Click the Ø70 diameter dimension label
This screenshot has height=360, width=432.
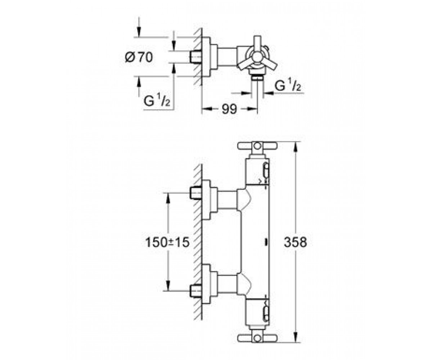[139, 57]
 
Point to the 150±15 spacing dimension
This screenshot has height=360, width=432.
[167, 242]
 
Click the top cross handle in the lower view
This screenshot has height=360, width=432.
[257, 146]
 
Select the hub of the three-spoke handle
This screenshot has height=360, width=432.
[257, 58]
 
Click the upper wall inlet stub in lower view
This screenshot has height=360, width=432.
[195, 193]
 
